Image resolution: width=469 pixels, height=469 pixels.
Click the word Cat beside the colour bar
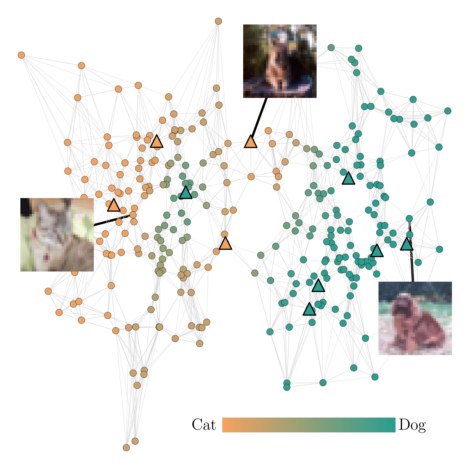click(x=204, y=425)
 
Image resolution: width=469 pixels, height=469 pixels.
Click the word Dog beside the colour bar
click(x=412, y=425)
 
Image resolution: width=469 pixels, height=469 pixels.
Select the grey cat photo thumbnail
click(x=57, y=235)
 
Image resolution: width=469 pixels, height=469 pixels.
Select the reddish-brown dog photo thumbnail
click(x=415, y=318)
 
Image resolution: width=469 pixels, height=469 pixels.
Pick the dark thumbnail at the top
click(x=280, y=61)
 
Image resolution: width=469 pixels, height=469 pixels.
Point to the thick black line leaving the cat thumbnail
click(x=111, y=221)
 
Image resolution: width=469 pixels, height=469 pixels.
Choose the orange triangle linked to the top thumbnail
click(x=251, y=142)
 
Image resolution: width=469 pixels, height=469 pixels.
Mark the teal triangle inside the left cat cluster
click(x=186, y=193)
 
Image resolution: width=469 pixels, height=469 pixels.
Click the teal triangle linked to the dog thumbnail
click(x=407, y=244)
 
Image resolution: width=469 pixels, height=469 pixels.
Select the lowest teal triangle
click(x=309, y=309)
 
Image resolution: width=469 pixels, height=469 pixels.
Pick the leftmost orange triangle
click(x=114, y=205)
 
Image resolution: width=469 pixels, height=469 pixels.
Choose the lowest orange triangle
click(x=225, y=244)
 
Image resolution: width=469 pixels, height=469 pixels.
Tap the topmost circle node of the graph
click(x=218, y=21)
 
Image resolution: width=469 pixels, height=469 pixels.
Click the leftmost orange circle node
click(x=21, y=55)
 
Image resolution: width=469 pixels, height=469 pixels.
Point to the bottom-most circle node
click(x=126, y=448)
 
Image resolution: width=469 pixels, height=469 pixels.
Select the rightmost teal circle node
click(x=448, y=111)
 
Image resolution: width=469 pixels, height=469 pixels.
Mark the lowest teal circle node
click(x=287, y=387)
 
